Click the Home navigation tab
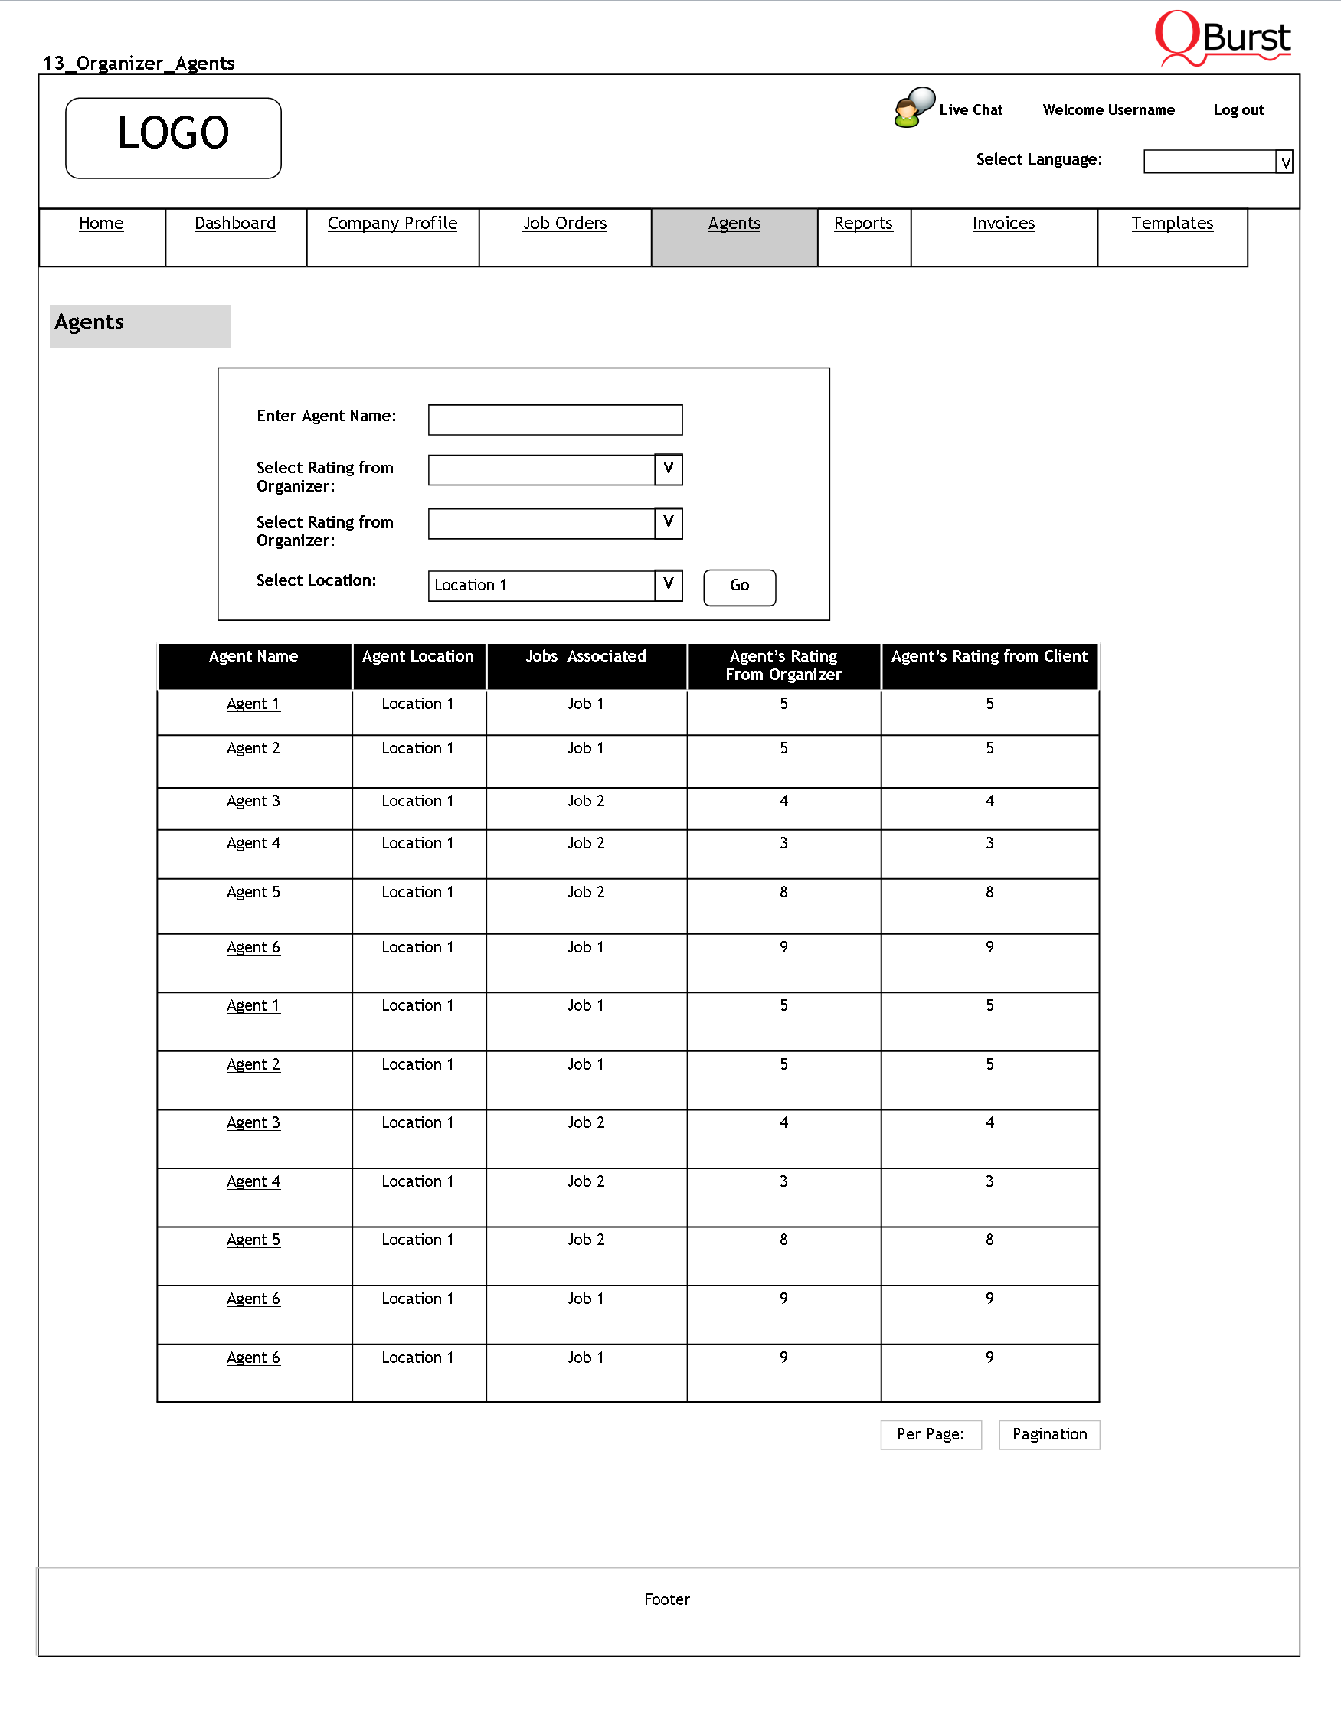pos(101,224)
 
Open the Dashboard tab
pos(235,224)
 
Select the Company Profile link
pos(392,224)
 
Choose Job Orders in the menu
pos(565,224)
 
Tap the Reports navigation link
pos(864,224)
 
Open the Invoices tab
pos(1003,224)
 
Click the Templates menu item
pos(1173,224)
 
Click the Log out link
pos(1238,110)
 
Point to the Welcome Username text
pos(1108,110)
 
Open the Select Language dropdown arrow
pos(1284,162)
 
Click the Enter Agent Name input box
pos(555,420)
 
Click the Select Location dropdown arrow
pos(668,586)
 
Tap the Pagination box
pos(1049,1435)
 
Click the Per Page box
pos(931,1435)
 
